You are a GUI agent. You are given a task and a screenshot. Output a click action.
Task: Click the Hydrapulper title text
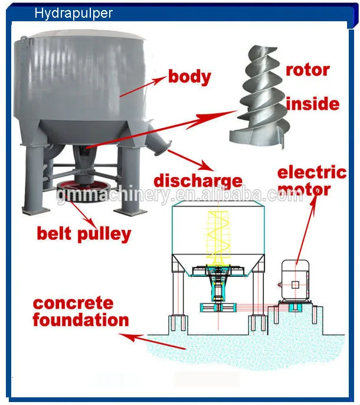(x=73, y=13)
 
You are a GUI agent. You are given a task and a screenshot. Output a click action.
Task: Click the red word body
(x=189, y=76)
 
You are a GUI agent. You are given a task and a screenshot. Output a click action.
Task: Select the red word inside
(x=312, y=104)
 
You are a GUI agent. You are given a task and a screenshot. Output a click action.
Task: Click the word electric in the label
(x=312, y=172)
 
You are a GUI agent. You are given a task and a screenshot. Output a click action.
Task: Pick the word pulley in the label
(x=104, y=233)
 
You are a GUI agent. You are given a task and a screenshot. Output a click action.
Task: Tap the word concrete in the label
(x=73, y=303)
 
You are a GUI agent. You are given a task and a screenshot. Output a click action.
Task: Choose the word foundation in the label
(x=81, y=321)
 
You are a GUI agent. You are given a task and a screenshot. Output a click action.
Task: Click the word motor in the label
(x=305, y=190)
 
